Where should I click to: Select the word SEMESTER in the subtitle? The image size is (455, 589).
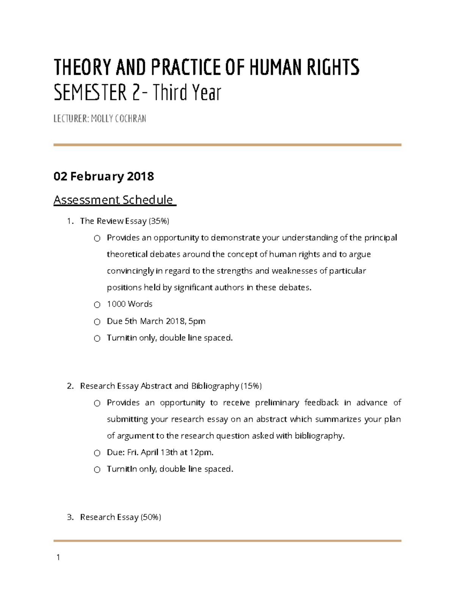pos(90,93)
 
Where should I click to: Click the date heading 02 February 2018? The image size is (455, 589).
pos(104,176)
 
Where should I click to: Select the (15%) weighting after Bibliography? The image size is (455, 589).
pos(251,386)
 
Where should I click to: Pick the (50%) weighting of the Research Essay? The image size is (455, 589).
pos(151,517)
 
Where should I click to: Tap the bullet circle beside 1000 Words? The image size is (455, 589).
pos(97,305)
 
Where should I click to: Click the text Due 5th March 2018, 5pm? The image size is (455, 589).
pos(156,321)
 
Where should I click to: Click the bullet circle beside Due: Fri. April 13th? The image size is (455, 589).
pos(97,453)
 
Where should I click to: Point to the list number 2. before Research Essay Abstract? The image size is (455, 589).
pos(70,386)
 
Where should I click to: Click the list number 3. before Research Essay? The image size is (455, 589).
pos(70,517)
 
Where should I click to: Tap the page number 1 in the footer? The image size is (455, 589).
pos(58,557)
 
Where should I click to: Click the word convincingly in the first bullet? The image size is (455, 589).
pos(130,271)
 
